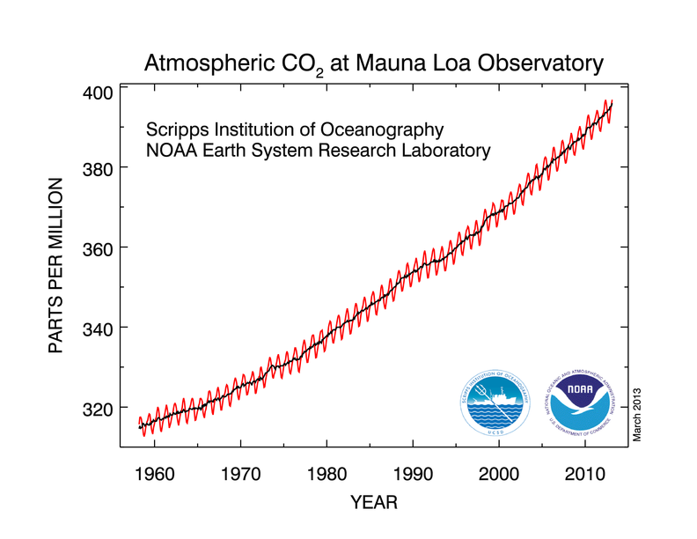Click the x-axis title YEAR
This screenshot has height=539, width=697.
pyautogui.click(x=374, y=503)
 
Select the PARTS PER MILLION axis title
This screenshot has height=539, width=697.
pyautogui.click(x=57, y=265)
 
